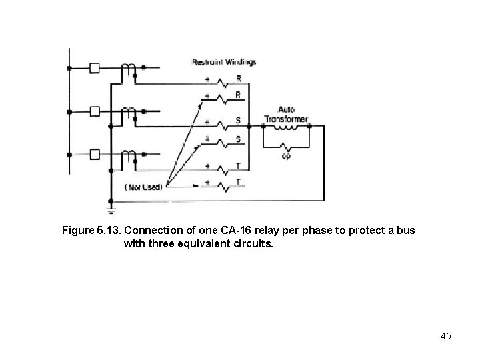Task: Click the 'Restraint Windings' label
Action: click(224, 62)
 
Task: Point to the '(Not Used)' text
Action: click(143, 187)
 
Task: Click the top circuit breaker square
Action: click(95, 68)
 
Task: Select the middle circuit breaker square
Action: click(95, 111)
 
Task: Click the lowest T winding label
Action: click(238, 181)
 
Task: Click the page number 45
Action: click(445, 336)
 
